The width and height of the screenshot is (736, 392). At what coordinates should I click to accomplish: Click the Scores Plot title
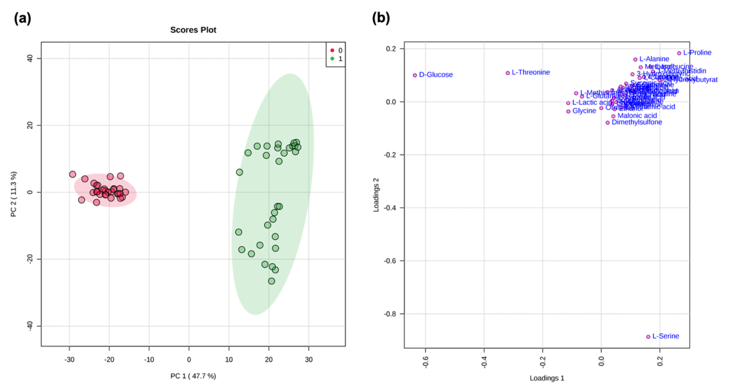pos(193,30)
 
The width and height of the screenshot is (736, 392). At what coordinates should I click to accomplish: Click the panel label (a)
pos(22,19)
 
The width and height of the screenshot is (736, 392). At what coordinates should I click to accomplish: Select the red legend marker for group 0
pos(332,51)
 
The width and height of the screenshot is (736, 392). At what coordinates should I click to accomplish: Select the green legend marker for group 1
pos(332,59)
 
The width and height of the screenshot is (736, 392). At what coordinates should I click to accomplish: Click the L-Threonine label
pos(531,72)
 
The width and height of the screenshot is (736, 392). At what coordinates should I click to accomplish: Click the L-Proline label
pos(697,52)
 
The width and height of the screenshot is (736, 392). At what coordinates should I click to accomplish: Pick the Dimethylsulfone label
pos(637,122)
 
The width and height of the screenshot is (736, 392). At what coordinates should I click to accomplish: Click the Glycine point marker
pos(568,111)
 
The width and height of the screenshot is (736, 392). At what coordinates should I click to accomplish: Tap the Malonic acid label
pos(637,116)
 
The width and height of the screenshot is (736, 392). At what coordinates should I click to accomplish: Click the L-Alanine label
pos(654,59)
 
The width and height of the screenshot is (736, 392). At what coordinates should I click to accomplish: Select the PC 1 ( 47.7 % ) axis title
pos(193,376)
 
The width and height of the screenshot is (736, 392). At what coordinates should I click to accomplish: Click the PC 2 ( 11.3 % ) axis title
pos(14,194)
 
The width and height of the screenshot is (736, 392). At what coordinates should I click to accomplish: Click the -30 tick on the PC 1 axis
pos(69,360)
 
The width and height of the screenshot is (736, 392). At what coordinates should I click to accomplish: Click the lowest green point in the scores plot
pos(271,281)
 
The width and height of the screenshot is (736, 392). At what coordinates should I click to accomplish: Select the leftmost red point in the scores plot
pos(73,174)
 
